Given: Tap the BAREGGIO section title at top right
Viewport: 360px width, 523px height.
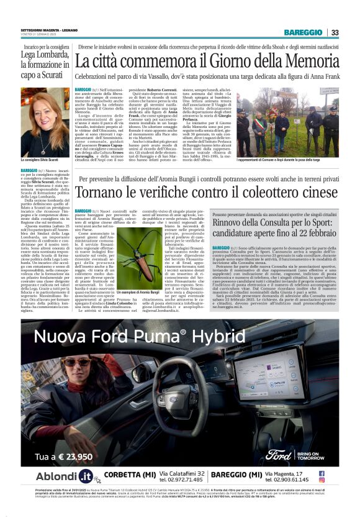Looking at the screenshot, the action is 304,32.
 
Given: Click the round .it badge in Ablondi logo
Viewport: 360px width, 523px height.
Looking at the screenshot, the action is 85,478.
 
